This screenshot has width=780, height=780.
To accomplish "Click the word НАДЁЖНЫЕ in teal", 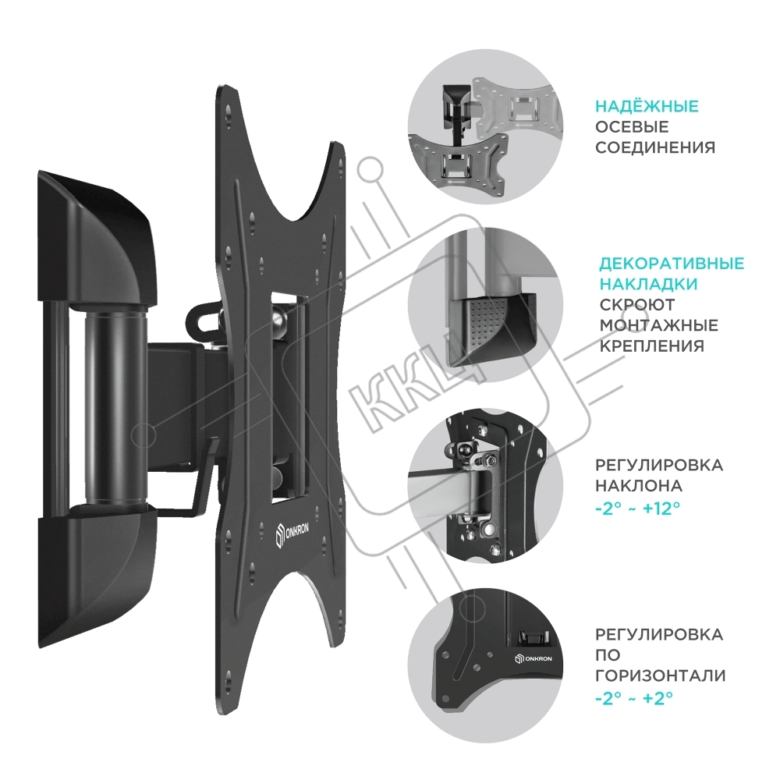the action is [647, 106].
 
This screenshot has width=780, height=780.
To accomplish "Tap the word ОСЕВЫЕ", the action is [632, 127].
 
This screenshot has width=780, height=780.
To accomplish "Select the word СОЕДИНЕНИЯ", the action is [655, 147].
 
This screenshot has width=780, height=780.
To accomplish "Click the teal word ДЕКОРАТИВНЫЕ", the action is [672, 263].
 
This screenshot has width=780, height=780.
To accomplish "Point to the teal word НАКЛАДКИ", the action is [648, 284].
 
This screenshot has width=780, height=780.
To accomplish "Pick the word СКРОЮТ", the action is [637, 304].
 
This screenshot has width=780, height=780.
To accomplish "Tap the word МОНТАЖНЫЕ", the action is [658, 325].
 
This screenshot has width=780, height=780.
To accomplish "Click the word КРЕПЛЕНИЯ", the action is [651, 346].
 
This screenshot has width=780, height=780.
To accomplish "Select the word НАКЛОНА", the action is [639, 485].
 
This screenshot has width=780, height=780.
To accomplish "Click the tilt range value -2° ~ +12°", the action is [637, 509].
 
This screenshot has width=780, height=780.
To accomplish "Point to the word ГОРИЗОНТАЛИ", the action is [660, 675].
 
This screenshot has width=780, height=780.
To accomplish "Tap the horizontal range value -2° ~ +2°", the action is [633, 697].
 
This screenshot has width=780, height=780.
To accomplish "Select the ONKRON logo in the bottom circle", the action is [534, 658].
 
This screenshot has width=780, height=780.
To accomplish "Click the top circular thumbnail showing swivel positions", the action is [485, 126].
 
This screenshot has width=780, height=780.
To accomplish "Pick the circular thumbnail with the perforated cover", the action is [485, 304].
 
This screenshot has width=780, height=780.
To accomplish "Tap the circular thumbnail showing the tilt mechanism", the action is [485, 485].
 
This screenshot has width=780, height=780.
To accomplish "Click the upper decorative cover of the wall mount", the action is [97, 239].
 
